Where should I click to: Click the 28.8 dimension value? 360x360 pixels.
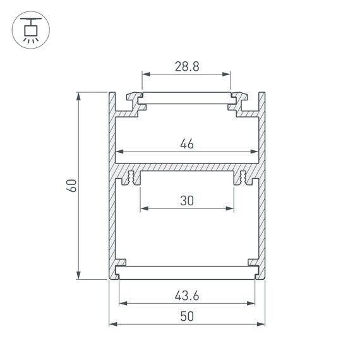[186, 66]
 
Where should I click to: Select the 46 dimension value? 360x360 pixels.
[186, 144]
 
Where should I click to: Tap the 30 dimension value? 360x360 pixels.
[186, 200]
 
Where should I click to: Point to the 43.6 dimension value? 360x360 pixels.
[186, 295]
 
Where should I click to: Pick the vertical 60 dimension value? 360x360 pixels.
[71, 186]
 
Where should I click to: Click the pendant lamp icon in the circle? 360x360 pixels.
[29, 29]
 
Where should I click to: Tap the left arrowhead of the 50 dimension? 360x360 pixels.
[113, 325]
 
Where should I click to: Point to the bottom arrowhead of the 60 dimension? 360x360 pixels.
[79, 275]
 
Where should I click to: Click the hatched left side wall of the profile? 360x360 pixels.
[112, 189]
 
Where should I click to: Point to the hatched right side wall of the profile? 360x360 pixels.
[261, 189]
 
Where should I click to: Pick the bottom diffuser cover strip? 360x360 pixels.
[186, 273]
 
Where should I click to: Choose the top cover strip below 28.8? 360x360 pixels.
[186, 99]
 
